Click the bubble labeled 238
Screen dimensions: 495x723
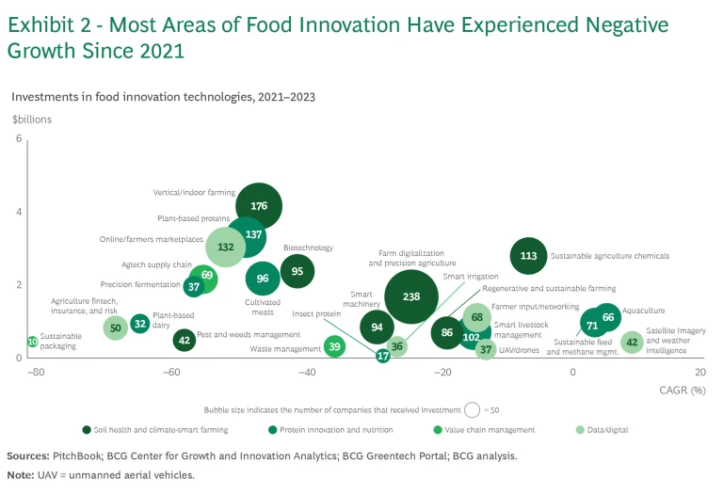410,296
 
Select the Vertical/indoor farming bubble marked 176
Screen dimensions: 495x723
259,206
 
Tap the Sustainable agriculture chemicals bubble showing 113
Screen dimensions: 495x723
528,255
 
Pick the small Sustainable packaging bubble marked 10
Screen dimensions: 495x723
33,342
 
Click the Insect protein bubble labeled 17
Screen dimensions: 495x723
383,356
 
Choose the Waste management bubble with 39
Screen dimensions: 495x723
334,347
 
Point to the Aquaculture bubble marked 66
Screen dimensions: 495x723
608,317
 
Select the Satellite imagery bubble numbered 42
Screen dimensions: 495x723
632,343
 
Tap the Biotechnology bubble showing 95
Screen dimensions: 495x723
297,271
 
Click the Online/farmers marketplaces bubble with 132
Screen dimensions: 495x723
226,247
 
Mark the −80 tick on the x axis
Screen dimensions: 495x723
37,372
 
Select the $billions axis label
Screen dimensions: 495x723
32,120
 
